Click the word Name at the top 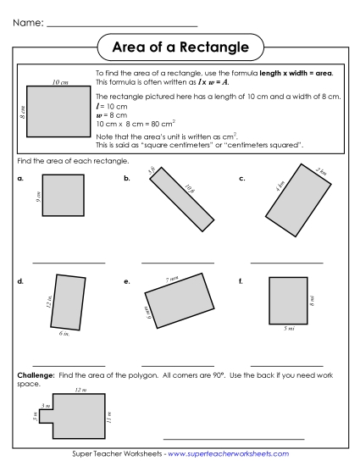click(28, 21)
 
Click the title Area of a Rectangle click(180, 46)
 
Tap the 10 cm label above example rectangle click(59, 82)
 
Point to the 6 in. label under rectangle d click(64, 335)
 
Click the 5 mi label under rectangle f click(289, 329)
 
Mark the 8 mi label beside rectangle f click(313, 300)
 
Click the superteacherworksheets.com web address click(228, 455)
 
